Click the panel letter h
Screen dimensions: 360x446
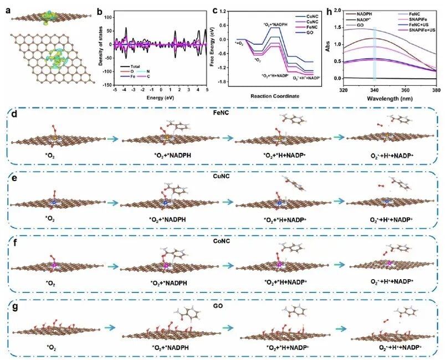pyautogui.click(x=318, y=7)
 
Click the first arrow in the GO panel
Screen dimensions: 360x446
pyautogui.click(x=107, y=327)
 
